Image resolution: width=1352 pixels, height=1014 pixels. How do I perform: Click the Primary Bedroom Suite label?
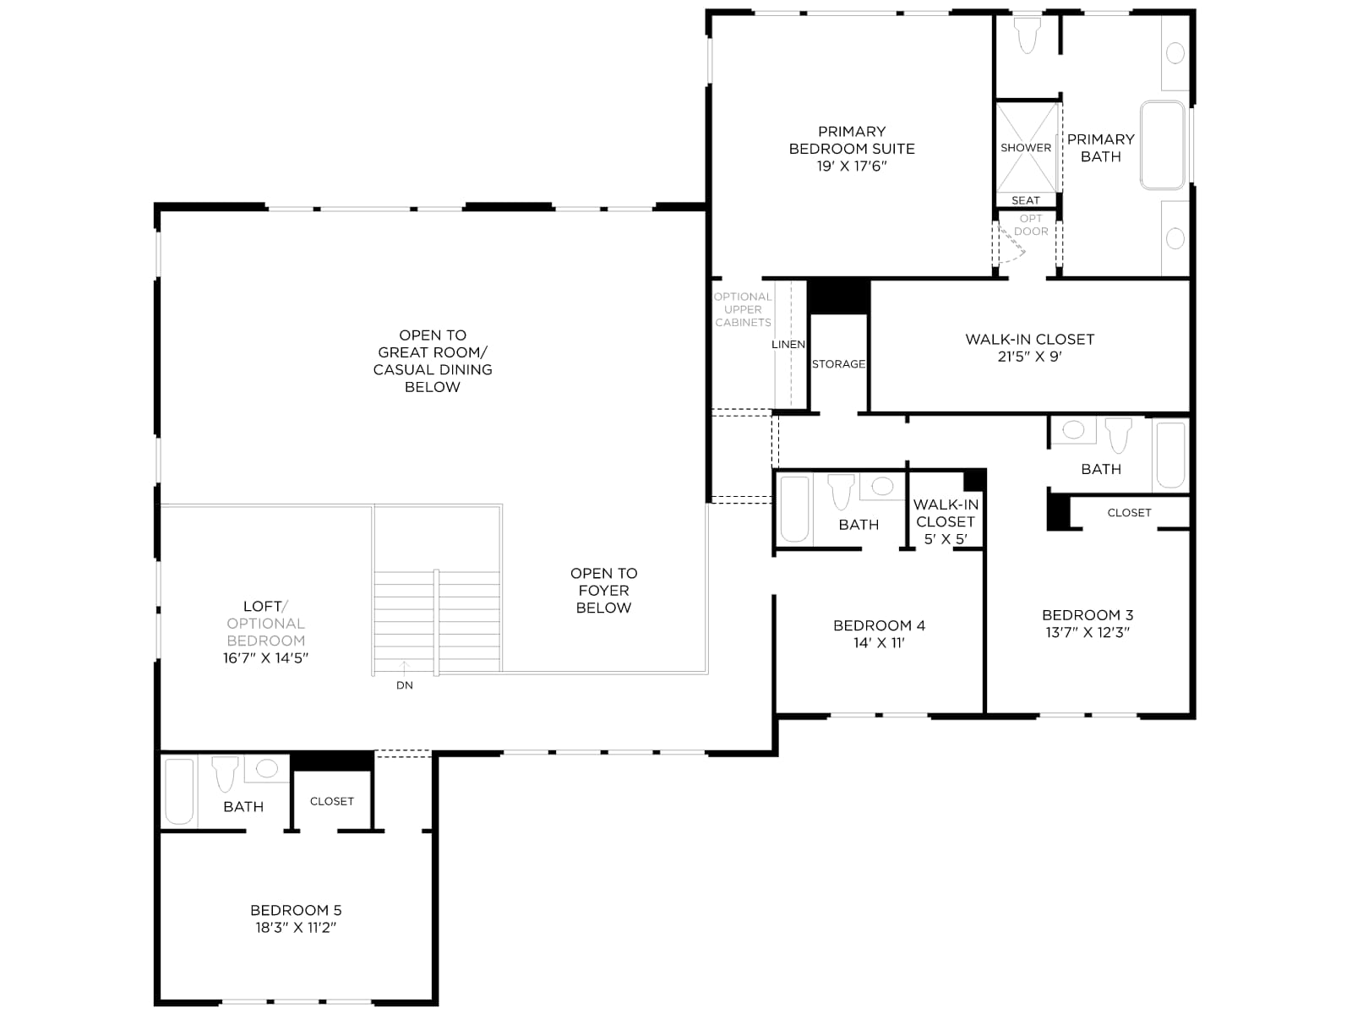pyautogui.click(x=851, y=140)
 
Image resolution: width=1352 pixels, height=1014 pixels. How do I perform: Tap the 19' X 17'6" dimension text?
pyautogui.click(x=851, y=166)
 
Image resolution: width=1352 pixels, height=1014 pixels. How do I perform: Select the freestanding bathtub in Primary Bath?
pyautogui.click(x=1162, y=145)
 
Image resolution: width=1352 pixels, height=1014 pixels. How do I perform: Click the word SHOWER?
pyautogui.click(x=1026, y=148)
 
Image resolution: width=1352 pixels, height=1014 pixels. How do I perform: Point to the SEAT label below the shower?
pyautogui.click(x=1026, y=200)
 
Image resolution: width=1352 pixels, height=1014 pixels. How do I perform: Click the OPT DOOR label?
pyautogui.click(x=1031, y=225)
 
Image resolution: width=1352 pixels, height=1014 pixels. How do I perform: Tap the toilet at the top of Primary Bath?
pyautogui.click(x=1028, y=35)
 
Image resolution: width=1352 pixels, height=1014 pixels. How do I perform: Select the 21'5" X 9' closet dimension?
pyautogui.click(x=1030, y=357)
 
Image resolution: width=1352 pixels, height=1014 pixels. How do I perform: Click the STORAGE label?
pyautogui.click(x=838, y=364)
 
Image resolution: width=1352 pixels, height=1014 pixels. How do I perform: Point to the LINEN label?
pyautogui.click(x=788, y=344)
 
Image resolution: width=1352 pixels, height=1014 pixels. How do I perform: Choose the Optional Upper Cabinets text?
pyautogui.click(x=743, y=309)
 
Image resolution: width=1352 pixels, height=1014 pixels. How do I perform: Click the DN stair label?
pyautogui.click(x=405, y=685)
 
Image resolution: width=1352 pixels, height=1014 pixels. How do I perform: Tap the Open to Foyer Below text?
pyautogui.click(x=603, y=591)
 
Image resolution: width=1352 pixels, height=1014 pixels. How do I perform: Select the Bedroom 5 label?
pyautogui.click(x=296, y=910)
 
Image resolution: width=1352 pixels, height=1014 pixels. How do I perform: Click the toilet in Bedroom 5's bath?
pyautogui.click(x=225, y=774)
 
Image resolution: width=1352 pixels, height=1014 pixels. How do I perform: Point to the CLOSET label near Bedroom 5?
pyautogui.click(x=332, y=801)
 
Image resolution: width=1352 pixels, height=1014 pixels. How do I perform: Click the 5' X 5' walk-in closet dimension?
pyautogui.click(x=946, y=539)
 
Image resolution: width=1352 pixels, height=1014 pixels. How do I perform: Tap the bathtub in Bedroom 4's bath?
pyautogui.click(x=794, y=509)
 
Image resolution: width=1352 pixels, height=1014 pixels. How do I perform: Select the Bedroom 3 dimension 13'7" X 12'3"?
pyautogui.click(x=1088, y=632)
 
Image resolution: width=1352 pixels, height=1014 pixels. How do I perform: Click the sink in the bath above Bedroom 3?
pyautogui.click(x=1073, y=430)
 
